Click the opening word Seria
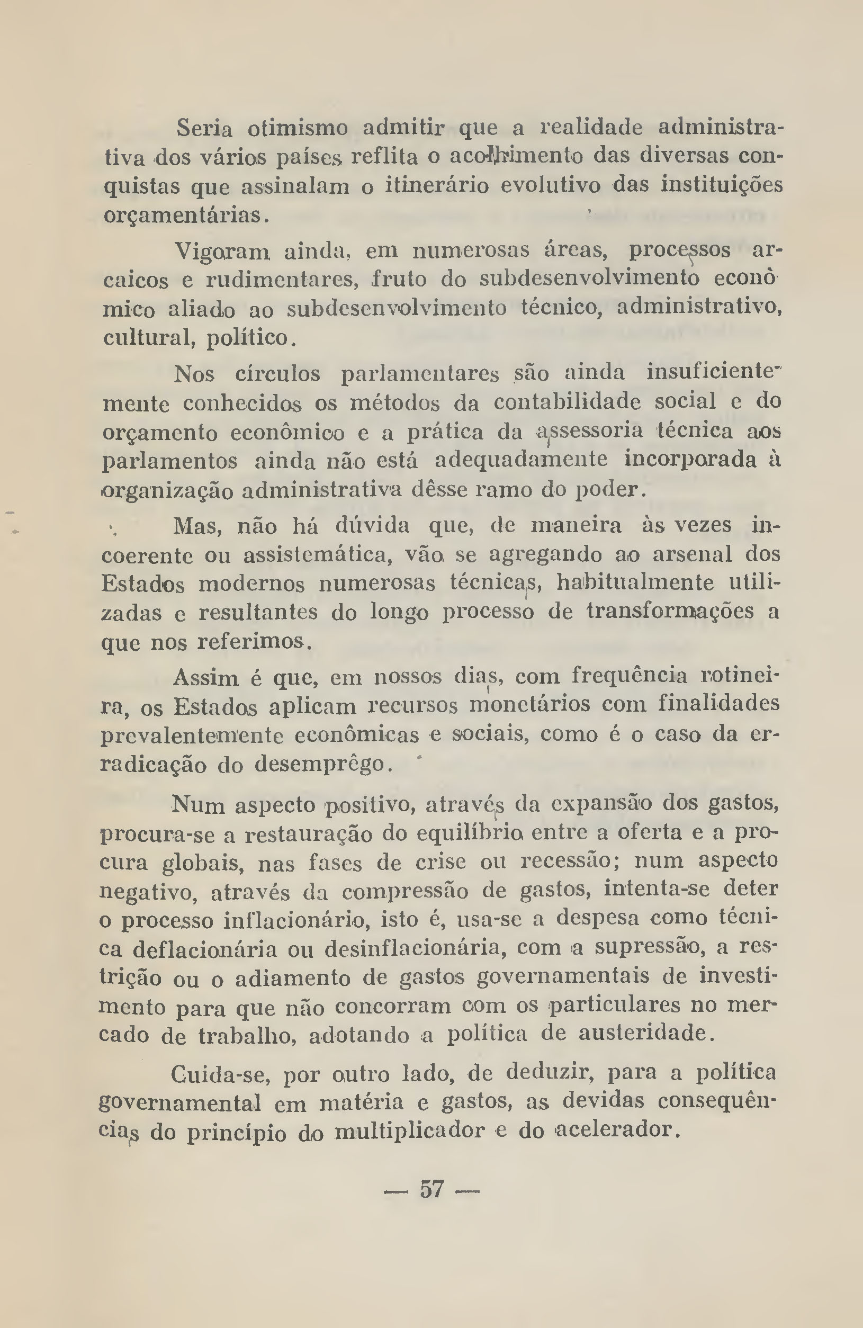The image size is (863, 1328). tap(204, 128)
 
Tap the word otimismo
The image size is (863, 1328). tap(298, 128)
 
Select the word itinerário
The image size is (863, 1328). tap(437, 185)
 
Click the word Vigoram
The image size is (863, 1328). tap(221, 251)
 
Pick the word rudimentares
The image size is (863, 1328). tap(282, 280)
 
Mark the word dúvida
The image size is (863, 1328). tap(373, 526)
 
